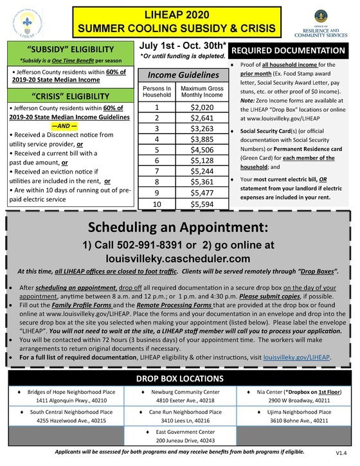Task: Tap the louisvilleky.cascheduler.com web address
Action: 179,258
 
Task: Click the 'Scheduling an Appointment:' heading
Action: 179,230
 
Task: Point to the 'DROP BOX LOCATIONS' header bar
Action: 179,379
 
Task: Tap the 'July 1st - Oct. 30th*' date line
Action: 181,47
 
